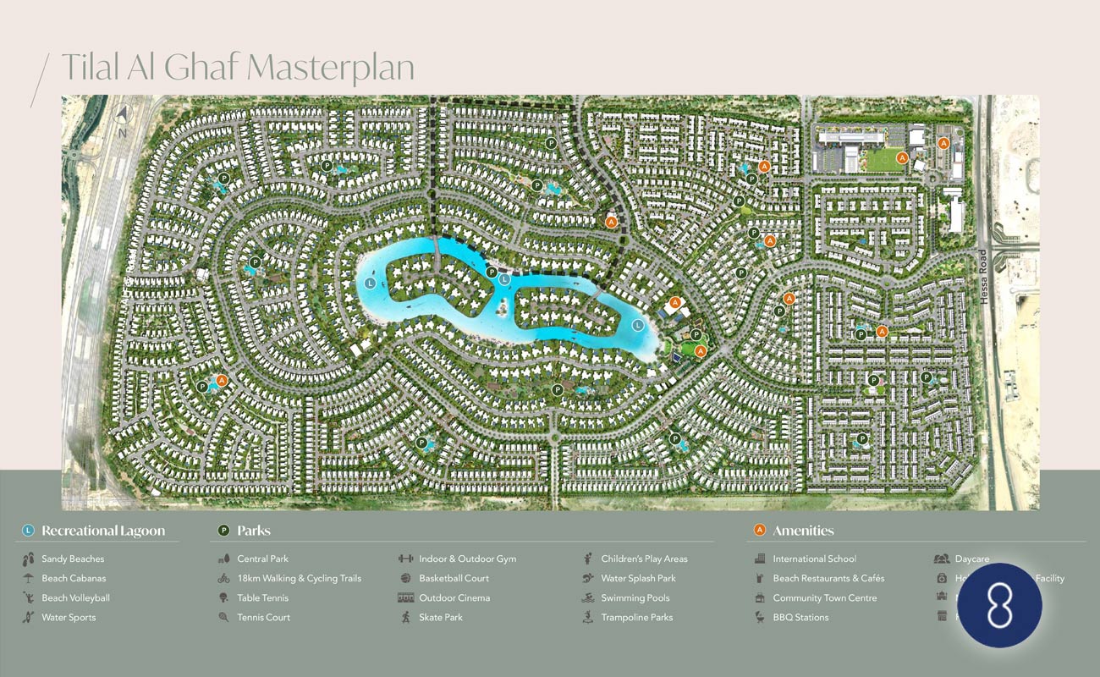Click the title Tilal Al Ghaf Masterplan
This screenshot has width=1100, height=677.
tap(238, 67)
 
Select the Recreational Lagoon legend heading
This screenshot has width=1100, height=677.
tap(103, 531)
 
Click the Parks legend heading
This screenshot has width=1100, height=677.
tap(254, 531)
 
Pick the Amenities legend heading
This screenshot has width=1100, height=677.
tap(803, 531)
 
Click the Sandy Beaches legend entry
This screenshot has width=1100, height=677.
tap(73, 559)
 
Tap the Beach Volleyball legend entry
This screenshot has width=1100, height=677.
tap(75, 597)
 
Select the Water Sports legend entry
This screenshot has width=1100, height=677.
tap(69, 617)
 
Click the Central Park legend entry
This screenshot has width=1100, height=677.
tap(262, 559)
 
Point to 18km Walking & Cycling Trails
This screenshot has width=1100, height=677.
tap(299, 578)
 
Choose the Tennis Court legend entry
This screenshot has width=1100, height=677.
tap(263, 617)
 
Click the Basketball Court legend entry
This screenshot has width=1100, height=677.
tap(454, 578)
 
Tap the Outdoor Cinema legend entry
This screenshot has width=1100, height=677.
tap(454, 597)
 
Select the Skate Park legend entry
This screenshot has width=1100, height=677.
tap(440, 617)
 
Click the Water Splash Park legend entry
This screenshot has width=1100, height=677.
tap(639, 578)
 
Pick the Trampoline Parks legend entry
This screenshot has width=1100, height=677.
tap(636, 617)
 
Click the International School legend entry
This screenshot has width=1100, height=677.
tap(814, 559)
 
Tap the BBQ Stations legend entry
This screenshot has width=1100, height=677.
tap(800, 617)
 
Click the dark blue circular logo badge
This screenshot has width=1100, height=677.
tap(999, 605)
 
